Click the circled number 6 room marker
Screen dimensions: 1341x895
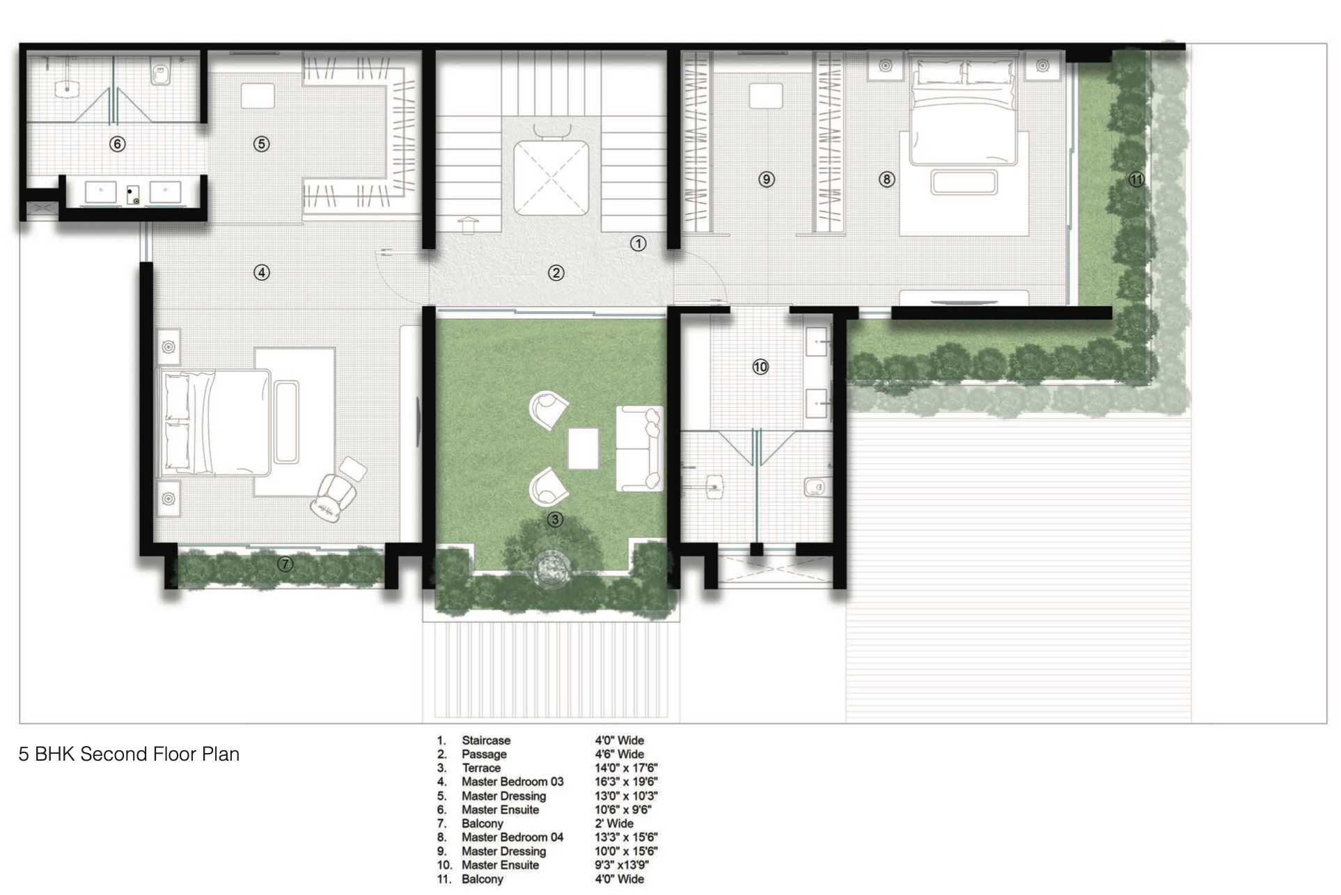pos(117,144)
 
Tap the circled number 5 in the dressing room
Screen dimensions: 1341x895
pos(261,144)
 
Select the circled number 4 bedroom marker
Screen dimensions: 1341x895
pos(261,273)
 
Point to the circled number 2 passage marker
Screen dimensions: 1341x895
pos(556,273)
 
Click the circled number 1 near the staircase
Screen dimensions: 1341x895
pos(638,244)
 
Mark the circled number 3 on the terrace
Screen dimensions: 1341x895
pos(555,519)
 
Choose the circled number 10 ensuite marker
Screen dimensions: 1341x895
pos(760,367)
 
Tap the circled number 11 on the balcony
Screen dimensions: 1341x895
pos(1136,180)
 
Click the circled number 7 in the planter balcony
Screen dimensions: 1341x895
pos(285,564)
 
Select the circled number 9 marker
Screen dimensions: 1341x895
pos(767,180)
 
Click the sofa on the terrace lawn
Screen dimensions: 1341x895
pos(639,448)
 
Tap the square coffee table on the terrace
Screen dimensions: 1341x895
pos(583,449)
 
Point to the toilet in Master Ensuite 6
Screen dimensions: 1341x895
pos(161,72)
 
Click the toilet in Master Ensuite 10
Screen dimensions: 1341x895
pos(815,486)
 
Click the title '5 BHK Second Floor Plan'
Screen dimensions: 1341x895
pos(129,754)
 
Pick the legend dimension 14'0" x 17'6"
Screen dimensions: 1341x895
pos(626,768)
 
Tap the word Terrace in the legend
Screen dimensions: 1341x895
pos(481,768)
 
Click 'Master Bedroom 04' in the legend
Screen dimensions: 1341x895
pos(512,837)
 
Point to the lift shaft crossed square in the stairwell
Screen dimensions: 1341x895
pos(551,177)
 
